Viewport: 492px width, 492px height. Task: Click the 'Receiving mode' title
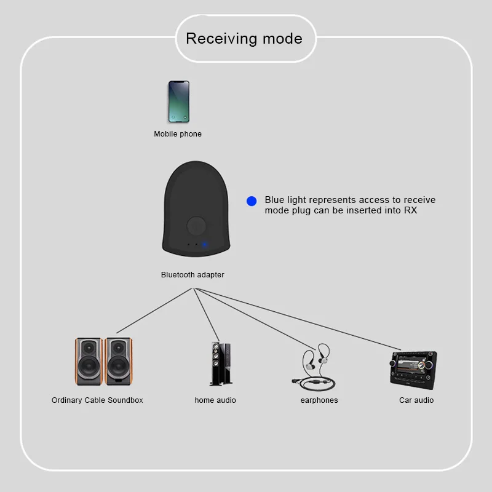pos(244,39)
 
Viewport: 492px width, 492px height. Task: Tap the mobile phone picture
pos(178,101)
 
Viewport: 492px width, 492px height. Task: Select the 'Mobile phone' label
pos(178,134)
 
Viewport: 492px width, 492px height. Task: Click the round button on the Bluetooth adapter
pos(197,225)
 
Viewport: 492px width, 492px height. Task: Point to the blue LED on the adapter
pos(205,245)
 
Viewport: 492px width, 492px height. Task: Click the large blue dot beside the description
pos(252,201)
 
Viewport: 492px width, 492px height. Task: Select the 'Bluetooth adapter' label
pos(192,275)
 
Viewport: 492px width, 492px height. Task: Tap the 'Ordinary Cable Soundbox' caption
pos(97,400)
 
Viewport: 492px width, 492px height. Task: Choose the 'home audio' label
pos(215,400)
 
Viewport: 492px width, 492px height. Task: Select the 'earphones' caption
pos(319,400)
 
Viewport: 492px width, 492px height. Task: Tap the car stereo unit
pos(413,369)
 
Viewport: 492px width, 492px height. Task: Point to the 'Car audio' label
pos(416,400)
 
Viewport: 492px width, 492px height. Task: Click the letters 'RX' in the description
pos(410,210)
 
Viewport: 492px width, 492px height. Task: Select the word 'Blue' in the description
pos(275,200)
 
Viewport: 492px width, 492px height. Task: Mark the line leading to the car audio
pos(307,320)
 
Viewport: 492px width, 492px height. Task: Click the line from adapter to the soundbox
pos(154,311)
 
